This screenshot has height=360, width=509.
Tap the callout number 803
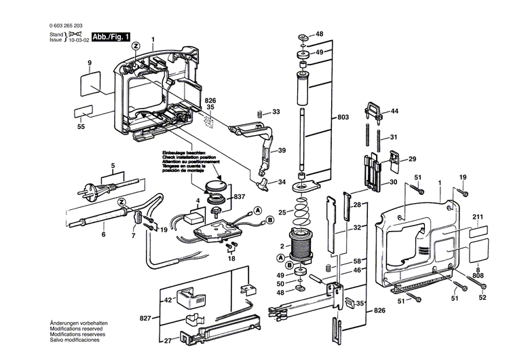tap(343, 118)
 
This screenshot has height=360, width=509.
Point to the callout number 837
tap(239, 197)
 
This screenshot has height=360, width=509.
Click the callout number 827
tap(146, 318)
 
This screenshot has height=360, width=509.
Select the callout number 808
tap(478, 276)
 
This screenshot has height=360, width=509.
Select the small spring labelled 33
tap(258, 113)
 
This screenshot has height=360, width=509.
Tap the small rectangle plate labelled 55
tap(83, 113)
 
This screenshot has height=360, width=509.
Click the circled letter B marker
tap(270, 221)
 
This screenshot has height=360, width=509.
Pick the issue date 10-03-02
tap(83, 40)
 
